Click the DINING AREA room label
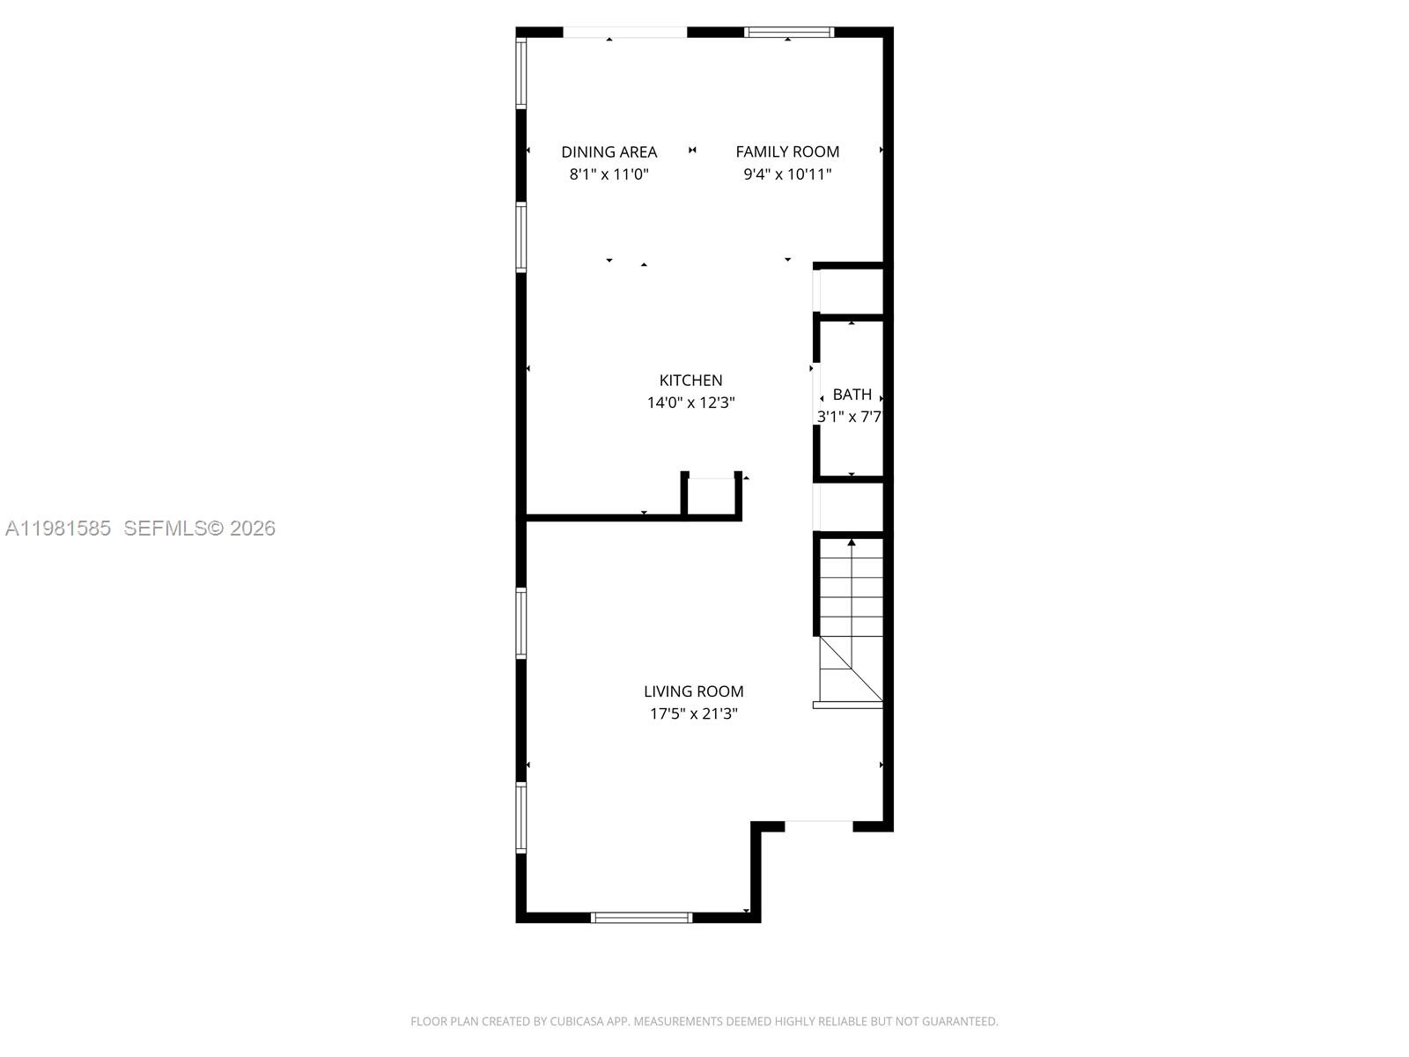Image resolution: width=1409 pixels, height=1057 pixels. click(609, 152)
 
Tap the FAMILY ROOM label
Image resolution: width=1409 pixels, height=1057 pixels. click(787, 152)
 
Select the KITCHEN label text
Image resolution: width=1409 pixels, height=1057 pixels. click(690, 380)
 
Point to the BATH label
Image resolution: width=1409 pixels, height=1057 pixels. click(852, 394)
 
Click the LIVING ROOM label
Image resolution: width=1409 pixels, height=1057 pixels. click(693, 691)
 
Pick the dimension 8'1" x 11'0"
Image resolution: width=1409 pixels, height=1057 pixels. click(609, 174)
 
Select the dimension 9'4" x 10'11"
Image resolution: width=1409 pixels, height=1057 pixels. click(787, 174)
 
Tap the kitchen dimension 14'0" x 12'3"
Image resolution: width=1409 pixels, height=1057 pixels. click(690, 403)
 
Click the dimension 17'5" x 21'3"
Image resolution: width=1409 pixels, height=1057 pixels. click(693, 713)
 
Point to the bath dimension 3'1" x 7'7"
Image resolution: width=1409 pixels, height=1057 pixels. click(849, 417)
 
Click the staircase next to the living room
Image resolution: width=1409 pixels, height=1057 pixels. click(851, 621)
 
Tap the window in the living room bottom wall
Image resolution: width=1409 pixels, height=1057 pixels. click(641, 918)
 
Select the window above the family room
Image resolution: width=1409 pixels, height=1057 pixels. click(788, 33)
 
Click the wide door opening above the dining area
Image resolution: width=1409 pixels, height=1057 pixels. click(624, 33)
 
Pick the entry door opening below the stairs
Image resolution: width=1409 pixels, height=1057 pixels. click(818, 826)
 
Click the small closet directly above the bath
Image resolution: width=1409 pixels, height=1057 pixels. click(851, 290)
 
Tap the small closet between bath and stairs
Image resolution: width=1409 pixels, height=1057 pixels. click(851, 506)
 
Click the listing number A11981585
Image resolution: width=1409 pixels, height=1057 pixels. click(58, 528)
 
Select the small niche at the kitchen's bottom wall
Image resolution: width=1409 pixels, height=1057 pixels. click(711, 497)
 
